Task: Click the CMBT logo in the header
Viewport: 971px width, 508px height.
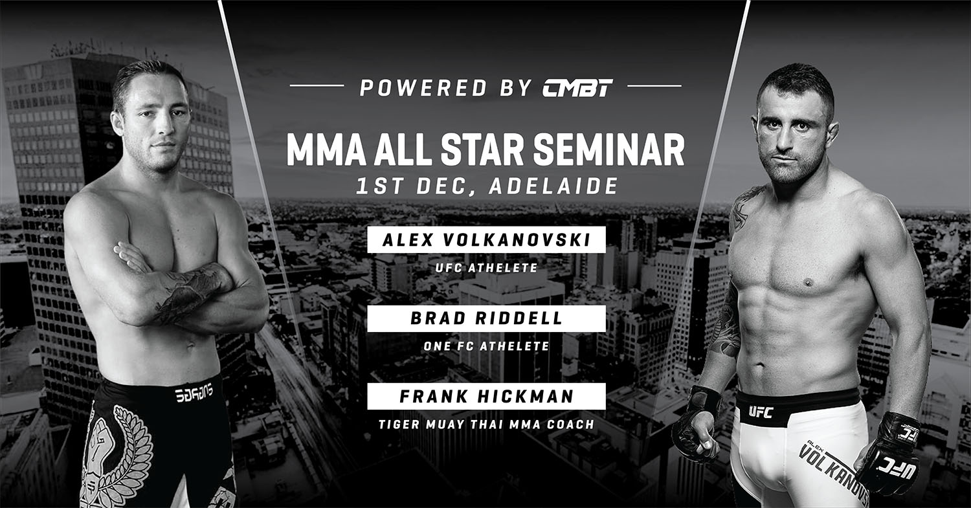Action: [x=577, y=87]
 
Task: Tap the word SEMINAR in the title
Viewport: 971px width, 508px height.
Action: [x=608, y=150]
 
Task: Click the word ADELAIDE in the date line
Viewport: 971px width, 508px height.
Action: [x=553, y=186]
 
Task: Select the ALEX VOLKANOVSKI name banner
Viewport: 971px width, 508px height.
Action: [x=486, y=239]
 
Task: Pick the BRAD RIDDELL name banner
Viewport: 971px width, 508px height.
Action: [x=486, y=318]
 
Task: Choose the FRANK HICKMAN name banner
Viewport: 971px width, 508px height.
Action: [x=486, y=396]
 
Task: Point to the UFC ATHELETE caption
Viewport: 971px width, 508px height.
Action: [x=486, y=268]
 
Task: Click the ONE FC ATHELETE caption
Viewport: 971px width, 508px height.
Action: [x=486, y=346]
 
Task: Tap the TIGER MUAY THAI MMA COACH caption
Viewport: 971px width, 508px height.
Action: [x=486, y=425]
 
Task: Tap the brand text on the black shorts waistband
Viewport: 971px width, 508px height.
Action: [x=194, y=393]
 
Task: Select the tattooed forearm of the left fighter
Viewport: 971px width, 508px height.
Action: [x=193, y=291]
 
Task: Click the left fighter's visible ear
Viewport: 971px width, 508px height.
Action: [x=117, y=124]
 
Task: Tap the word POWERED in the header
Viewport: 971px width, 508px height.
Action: [x=424, y=87]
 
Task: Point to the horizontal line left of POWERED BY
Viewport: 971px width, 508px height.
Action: [x=317, y=86]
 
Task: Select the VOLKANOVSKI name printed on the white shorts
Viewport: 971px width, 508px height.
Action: [x=833, y=473]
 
